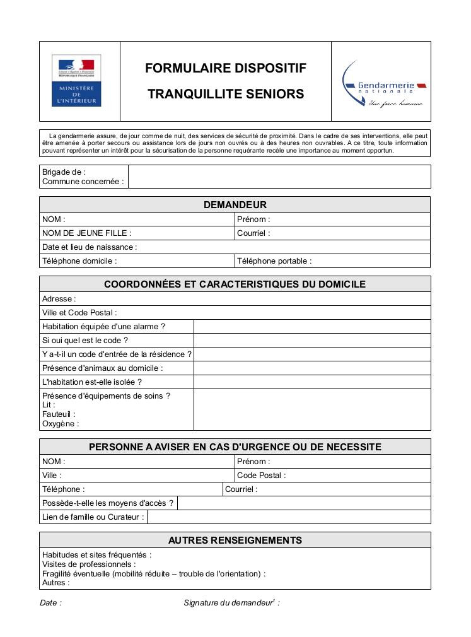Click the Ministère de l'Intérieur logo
pos(76,81)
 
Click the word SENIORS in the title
pos(274,95)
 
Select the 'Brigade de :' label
pos(64,172)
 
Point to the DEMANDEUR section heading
pos(235,205)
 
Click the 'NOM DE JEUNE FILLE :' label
pos(86,233)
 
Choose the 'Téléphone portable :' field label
pos(274,261)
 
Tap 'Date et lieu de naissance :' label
pos(90,247)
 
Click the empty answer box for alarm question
pos(311,327)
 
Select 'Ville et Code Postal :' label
pos(79,313)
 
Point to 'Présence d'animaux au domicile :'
pos(102,368)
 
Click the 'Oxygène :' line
pos(61,424)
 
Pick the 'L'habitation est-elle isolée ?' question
pos(92,382)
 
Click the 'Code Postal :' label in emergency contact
pos(261,476)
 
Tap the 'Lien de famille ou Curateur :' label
pos(93,517)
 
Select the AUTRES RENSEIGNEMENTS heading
pos(235,541)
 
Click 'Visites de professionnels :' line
pos(89,564)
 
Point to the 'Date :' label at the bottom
pos(51,603)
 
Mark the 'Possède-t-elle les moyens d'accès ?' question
pos(107,503)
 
